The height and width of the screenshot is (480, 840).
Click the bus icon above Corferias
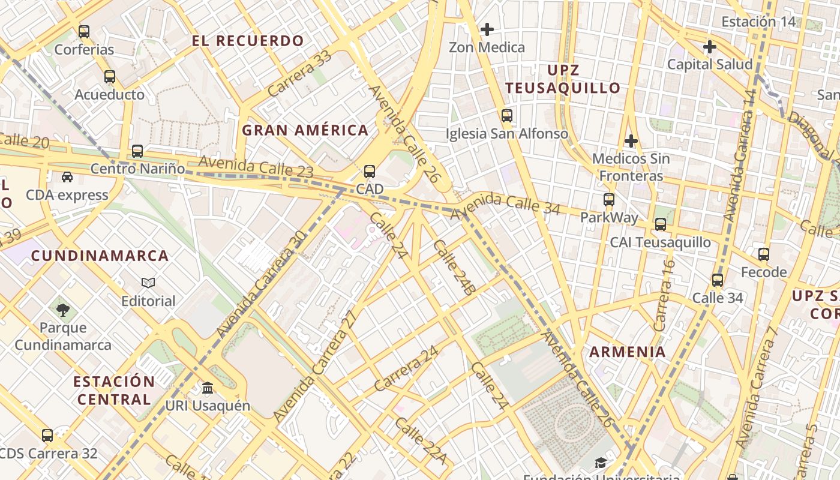click(84, 31)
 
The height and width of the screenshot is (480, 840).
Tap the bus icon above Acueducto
click(109, 77)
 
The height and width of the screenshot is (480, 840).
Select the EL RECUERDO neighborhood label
click(248, 41)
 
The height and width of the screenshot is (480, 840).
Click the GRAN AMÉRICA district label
click(305, 130)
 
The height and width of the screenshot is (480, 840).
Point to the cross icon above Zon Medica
click(487, 29)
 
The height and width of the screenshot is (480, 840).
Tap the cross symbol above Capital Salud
click(710, 46)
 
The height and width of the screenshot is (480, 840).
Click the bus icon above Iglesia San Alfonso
click(507, 115)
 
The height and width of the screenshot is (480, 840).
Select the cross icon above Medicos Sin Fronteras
click(631, 141)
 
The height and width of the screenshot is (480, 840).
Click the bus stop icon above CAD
click(370, 172)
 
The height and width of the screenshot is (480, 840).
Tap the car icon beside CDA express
click(67, 177)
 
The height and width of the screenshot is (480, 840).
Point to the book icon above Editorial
click(148, 283)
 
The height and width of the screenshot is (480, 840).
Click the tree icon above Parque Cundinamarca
click(63, 310)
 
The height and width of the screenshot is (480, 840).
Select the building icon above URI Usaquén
click(208, 388)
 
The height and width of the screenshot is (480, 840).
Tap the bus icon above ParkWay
click(609, 199)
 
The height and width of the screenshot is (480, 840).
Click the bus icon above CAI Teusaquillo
click(661, 224)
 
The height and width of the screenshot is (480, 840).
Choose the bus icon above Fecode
click(763, 254)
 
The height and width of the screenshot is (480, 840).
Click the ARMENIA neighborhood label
click(628, 352)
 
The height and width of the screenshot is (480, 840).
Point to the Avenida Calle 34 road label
click(505, 204)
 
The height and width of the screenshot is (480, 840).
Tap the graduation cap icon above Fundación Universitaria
click(601, 463)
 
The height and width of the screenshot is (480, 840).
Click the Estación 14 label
click(758, 22)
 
